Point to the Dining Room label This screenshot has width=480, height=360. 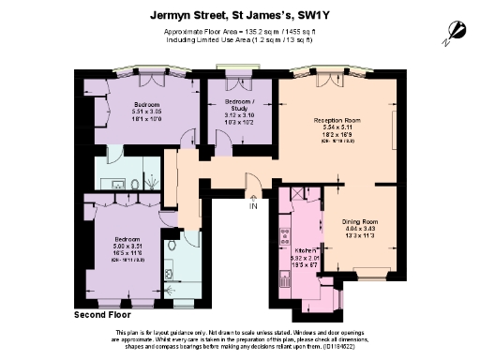(x=358, y=219)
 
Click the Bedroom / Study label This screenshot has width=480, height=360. (x=241, y=103)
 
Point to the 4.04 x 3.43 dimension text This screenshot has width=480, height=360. (x=358, y=228)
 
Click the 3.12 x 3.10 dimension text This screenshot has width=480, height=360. (x=241, y=115)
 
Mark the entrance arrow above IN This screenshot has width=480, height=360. (x=253, y=197)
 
